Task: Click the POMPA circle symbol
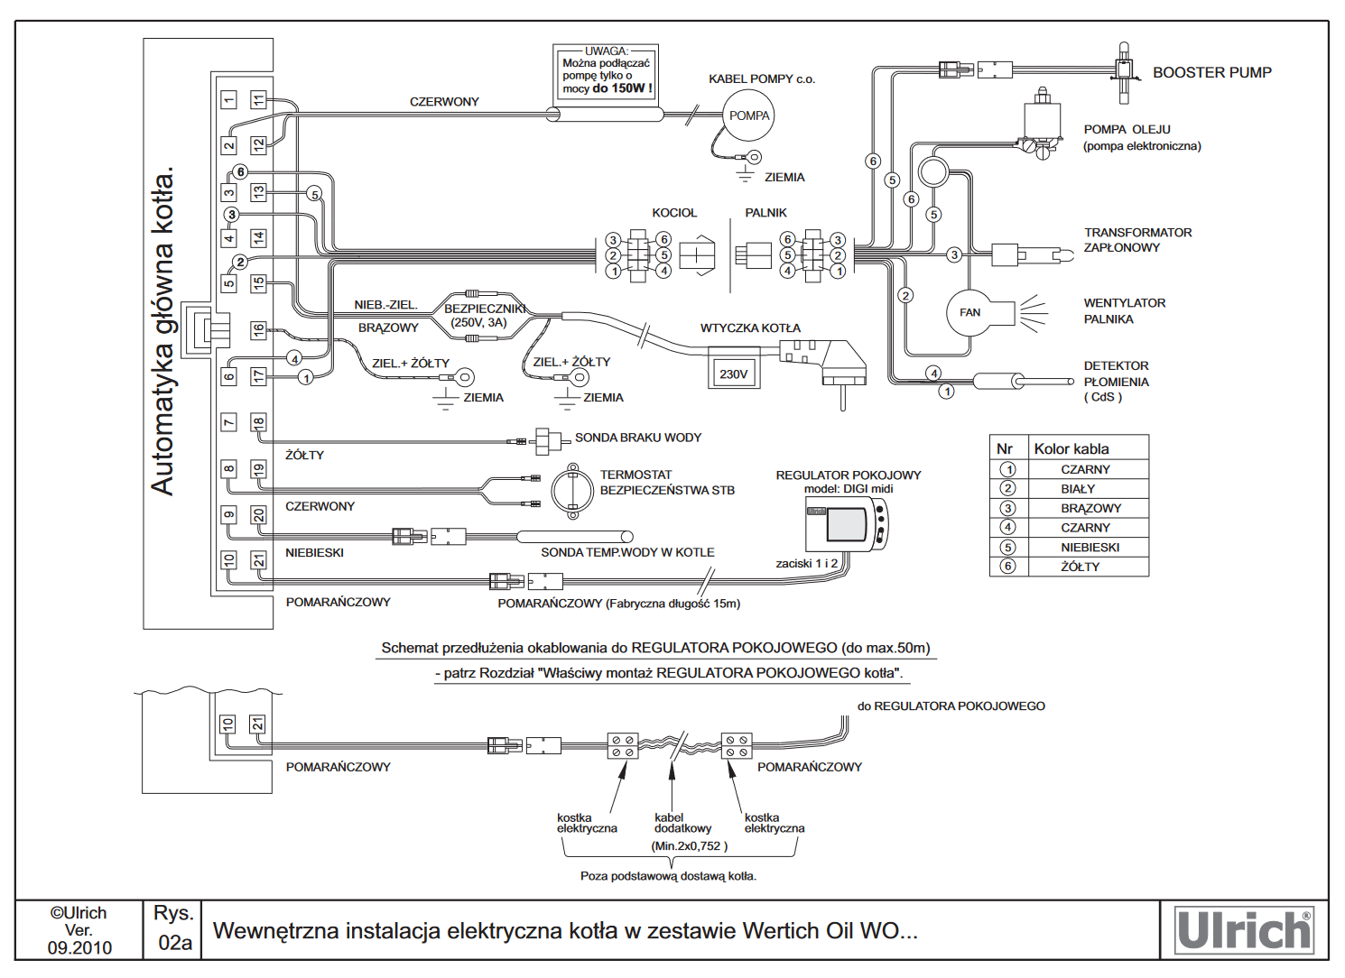(x=749, y=115)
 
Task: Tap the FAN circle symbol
(x=970, y=313)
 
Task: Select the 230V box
(x=733, y=374)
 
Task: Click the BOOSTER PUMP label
(x=1211, y=72)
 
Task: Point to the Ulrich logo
(x=1244, y=930)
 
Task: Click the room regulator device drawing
(x=847, y=523)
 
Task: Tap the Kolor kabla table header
(x=1071, y=448)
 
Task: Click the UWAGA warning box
(x=606, y=71)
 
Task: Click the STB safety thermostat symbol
(x=571, y=491)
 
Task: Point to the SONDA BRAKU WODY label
(x=638, y=438)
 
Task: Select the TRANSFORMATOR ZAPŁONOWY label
(x=1137, y=240)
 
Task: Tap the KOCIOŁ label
(x=674, y=213)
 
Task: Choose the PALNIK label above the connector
(x=765, y=213)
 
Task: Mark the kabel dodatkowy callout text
(x=682, y=823)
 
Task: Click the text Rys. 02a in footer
(x=174, y=928)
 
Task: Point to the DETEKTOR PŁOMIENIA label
(x=1116, y=381)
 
